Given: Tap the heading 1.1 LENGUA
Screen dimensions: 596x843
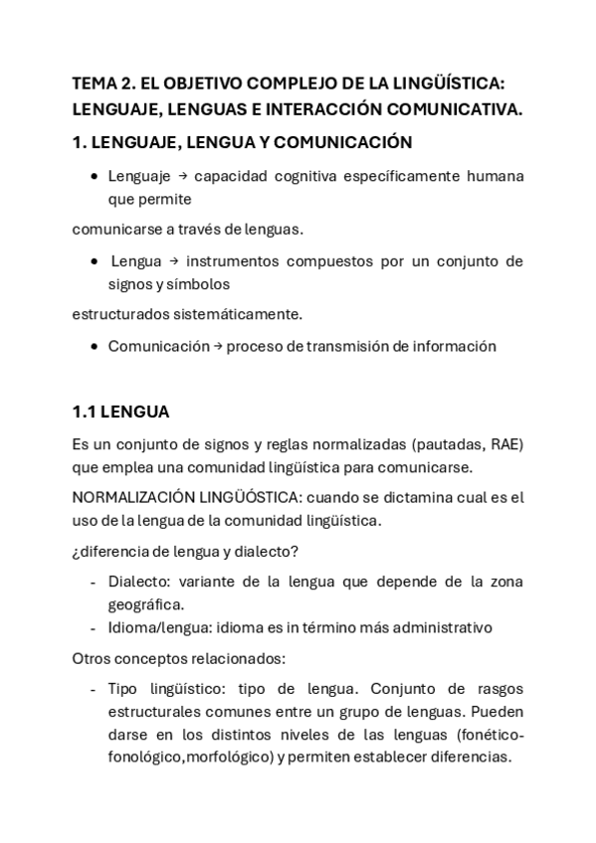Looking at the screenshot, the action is click(120, 411).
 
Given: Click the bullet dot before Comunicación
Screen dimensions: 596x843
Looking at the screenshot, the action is click(94, 347).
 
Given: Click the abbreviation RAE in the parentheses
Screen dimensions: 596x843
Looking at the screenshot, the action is click(507, 443).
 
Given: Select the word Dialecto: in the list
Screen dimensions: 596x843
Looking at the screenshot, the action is click(136, 582).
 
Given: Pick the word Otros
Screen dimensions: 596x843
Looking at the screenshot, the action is click(94, 658).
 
